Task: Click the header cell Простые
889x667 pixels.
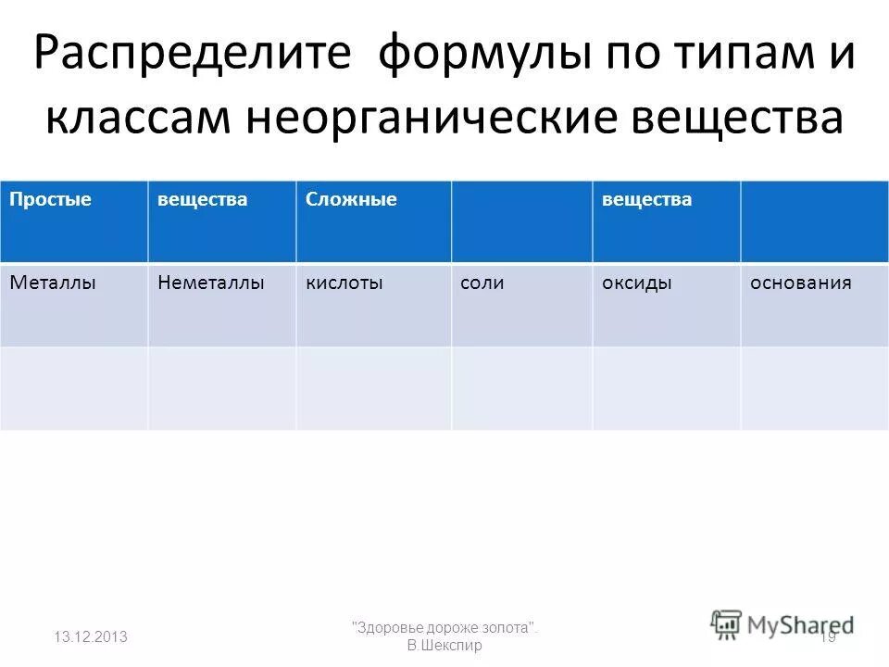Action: pyautogui.click(x=51, y=199)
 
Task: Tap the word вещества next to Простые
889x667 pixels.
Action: pyautogui.click(x=203, y=199)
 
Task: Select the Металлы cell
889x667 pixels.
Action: pyautogui.click(x=54, y=283)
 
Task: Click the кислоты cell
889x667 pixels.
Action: pyautogui.click(x=344, y=283)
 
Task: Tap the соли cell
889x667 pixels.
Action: pyautogui.click(x=482, y=283)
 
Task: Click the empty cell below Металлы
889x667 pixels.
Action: pyautogui.click(x=73, y=388)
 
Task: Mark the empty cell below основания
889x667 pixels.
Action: pyautogui.click(x=814, y=388)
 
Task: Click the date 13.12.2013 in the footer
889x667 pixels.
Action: pyautogui.click(x=91, y=636)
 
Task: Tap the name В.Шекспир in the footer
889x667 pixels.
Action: pyautogui.click(x=444, y=645)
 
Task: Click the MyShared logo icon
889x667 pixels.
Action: pyautogui.click(x=727, y=623)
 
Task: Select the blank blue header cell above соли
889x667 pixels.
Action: pyautogui.click(x=521, y=221)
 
